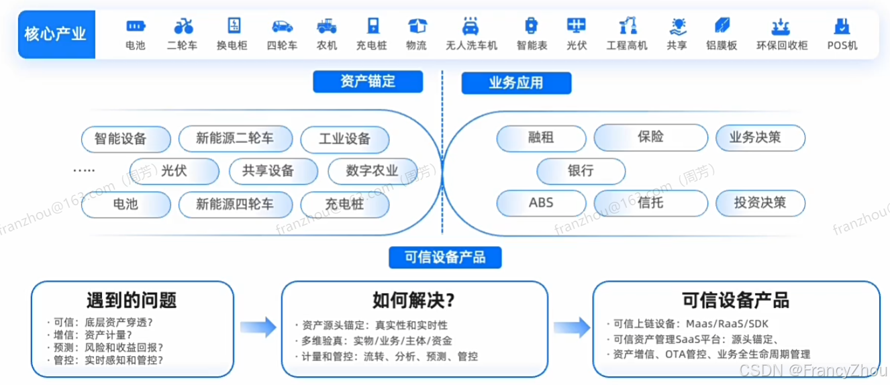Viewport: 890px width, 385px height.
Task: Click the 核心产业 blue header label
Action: [x=56, y=34]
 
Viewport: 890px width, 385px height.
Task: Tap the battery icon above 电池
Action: [x=136, y=26]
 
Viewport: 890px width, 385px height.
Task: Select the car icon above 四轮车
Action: [x=282, y=26]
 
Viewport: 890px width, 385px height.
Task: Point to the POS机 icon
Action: [x=841, y=26]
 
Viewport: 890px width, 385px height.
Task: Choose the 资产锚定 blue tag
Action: [x=368, y=82]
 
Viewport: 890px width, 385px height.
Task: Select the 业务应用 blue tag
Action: [x=515, y=83]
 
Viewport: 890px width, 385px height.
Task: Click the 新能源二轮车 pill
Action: [x=235, y=139]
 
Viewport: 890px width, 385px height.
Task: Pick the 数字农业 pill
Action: [x=373, y=170]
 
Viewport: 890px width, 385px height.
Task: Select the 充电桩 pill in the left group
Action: [x=344, y=203]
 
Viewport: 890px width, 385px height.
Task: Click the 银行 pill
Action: [x=581, y=170]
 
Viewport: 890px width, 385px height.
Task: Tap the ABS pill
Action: [x=541, y=202]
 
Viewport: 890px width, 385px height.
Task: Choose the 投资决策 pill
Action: [x=760, y=202]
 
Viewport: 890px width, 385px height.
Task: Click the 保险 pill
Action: [x=650, y=137]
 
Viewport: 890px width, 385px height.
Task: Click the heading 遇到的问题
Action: [x=132, y=300]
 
